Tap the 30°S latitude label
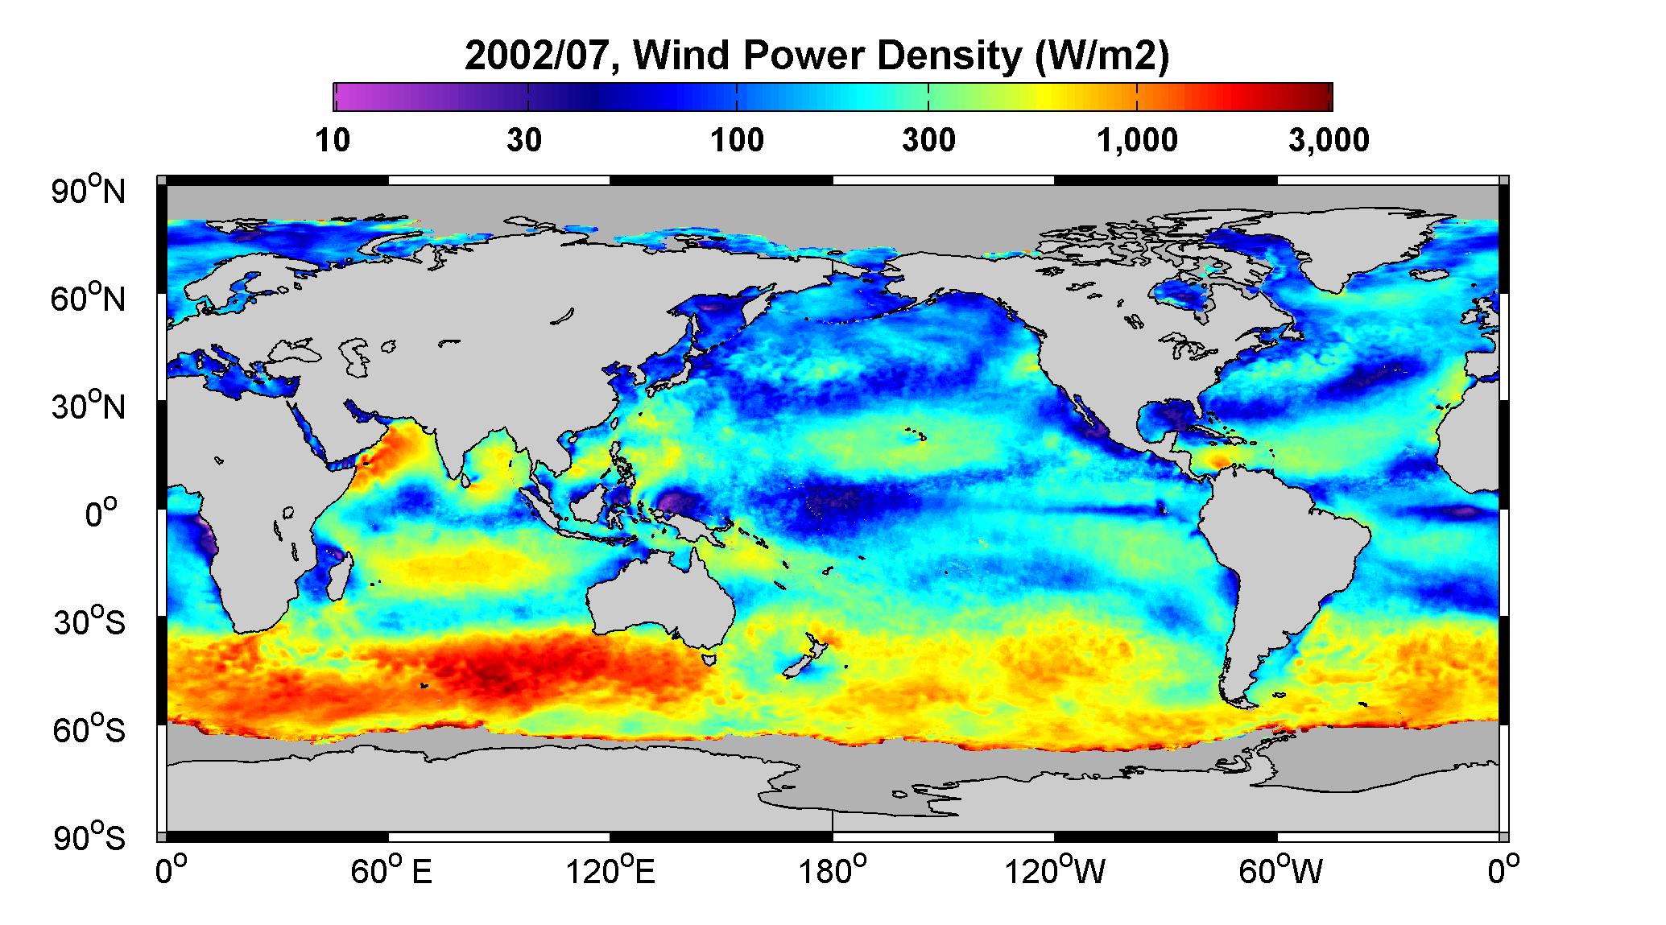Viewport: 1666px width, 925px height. [89, 621]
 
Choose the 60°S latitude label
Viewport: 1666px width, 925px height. [89, 729]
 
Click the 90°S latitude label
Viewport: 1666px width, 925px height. [89, 837]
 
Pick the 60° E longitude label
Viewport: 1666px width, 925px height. [391, 871]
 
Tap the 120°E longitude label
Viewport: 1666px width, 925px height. [610, 871]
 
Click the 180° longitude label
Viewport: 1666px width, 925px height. [832, 871]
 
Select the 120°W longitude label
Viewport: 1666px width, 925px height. [1055, 871]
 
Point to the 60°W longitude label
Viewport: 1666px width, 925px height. [1279, 871]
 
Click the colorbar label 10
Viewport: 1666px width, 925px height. [333, 141]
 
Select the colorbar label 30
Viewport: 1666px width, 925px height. [524, 141]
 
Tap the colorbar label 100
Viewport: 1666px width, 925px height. [737, 141]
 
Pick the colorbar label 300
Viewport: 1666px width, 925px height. [928, 141]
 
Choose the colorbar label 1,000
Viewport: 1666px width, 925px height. [1137, 141]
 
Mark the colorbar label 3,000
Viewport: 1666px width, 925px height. [1329, 141]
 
